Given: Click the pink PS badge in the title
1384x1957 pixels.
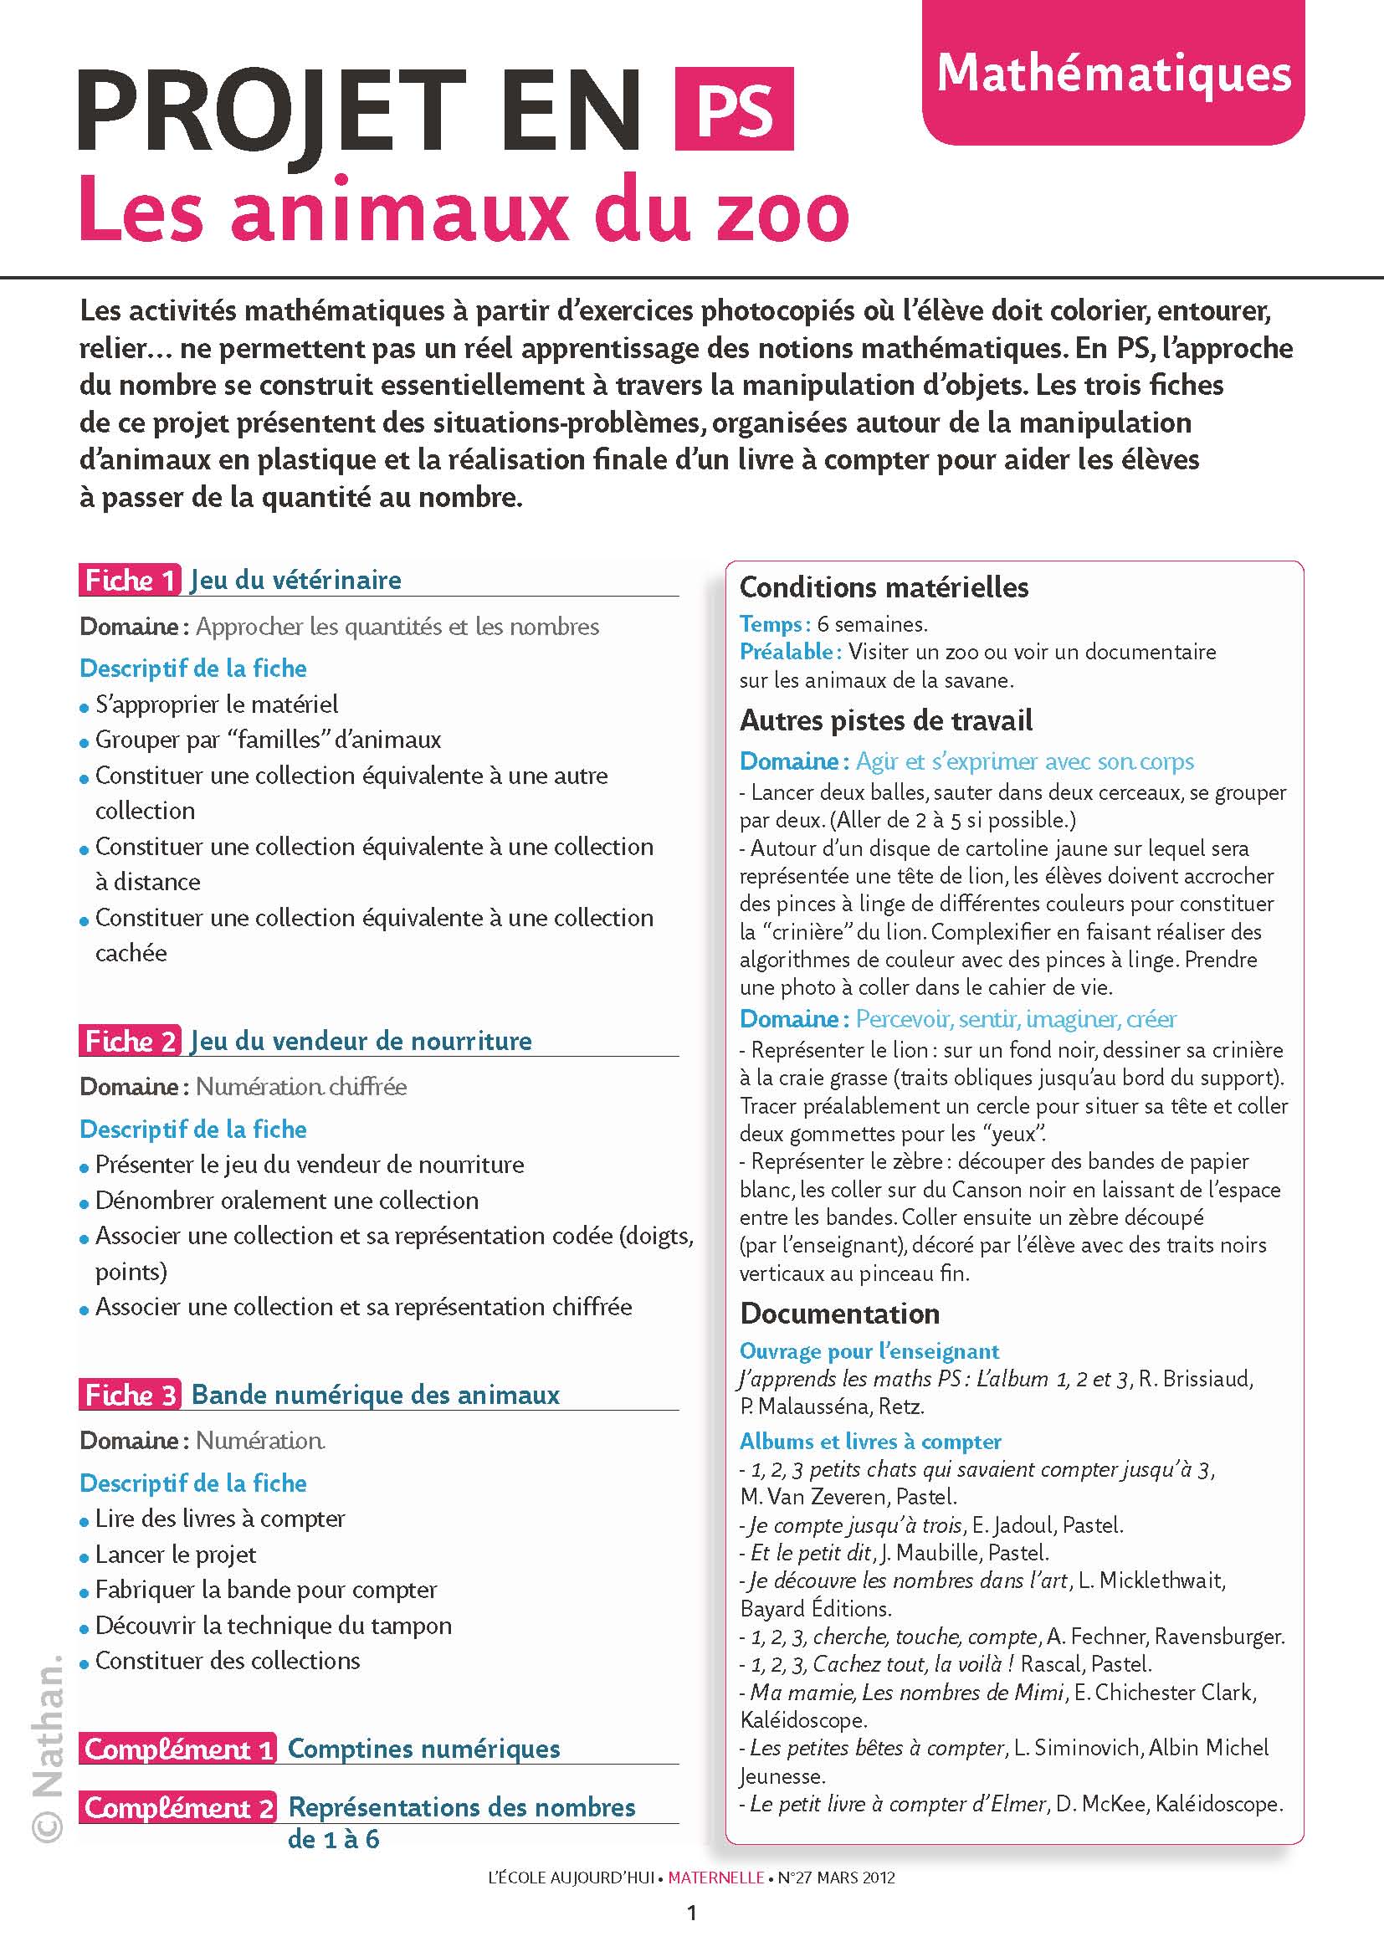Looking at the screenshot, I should point(734,110).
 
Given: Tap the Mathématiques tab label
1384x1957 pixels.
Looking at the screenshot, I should point(1113,74).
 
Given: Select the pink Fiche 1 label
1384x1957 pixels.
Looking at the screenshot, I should point(130,581).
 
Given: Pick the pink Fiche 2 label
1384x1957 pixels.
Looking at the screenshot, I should point(130,1041).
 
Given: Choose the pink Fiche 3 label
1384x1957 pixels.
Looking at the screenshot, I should point(130,1395).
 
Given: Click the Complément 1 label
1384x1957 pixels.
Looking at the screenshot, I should point(177,1748).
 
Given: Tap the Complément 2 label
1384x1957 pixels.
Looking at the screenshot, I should point(177,1806).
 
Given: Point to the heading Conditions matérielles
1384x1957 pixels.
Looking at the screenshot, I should point(884,587).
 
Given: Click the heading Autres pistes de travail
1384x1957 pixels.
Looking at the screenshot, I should point(885,720).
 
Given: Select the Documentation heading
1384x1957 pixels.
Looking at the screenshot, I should point(839,1314).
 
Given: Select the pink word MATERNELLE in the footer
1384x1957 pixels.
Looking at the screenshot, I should point(716,1878).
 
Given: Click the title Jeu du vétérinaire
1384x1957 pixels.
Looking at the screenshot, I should point(295,581).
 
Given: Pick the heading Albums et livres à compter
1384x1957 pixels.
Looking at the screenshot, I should point(870,1442).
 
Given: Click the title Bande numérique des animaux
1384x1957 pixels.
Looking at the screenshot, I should point(375,1395).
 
